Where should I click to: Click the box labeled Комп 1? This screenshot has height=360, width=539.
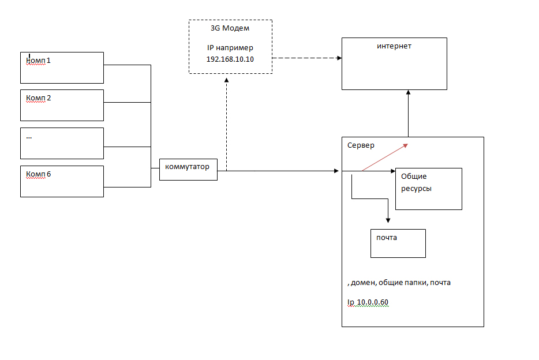62,67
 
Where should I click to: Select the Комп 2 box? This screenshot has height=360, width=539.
62,105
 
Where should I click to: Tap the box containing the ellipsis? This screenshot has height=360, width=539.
62,143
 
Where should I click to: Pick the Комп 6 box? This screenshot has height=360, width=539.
62,181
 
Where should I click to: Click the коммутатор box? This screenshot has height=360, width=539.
188,169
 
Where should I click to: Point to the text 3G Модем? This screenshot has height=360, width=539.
230,28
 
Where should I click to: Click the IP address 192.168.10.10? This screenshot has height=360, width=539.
230,59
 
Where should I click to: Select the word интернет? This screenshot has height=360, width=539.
394,46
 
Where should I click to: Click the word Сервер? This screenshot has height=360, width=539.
361,145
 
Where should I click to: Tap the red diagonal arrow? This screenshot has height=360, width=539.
385,157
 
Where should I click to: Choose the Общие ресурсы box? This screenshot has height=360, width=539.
429,189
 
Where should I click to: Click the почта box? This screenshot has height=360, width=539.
398,243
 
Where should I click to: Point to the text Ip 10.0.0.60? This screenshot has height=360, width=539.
368,303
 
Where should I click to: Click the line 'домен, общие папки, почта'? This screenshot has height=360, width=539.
400,283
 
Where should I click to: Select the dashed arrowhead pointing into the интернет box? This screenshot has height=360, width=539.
338,58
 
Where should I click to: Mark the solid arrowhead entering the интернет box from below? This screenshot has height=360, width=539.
408,93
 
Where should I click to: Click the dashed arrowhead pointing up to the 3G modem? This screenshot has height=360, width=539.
227,81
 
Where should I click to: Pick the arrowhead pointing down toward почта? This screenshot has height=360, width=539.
388,220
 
